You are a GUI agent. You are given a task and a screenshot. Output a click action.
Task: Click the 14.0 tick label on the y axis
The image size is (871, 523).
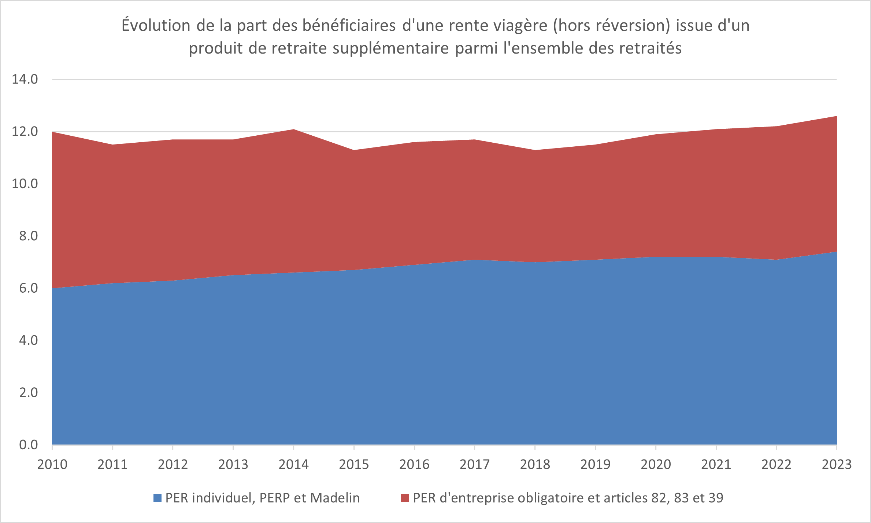25,79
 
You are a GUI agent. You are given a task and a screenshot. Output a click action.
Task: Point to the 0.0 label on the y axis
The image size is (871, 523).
29,445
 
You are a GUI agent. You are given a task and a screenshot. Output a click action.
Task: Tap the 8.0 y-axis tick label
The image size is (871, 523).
29,236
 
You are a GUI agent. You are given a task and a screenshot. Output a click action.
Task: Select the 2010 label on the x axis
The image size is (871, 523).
52,465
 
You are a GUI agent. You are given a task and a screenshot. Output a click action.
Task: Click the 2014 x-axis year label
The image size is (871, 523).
294,465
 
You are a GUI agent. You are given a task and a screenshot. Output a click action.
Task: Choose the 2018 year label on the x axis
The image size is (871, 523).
535,465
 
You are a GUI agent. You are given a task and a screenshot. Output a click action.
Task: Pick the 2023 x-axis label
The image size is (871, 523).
837,465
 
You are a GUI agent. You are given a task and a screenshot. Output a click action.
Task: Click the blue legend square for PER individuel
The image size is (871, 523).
157,498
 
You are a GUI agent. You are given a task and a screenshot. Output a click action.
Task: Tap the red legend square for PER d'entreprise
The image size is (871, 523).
405,498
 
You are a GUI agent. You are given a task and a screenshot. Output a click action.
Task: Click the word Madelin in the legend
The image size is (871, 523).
335,498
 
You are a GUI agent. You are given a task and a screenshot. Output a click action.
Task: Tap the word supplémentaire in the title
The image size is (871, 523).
391,48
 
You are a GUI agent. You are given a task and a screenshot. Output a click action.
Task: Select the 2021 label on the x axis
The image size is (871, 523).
716,465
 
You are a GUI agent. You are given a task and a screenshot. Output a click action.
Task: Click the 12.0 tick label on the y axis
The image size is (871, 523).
25,132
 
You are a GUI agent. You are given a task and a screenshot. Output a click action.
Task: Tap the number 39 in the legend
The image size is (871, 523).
716,498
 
